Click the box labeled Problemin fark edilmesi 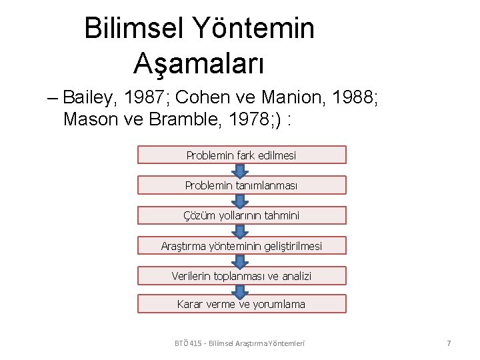pos(241,155)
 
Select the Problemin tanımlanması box pos(241,185)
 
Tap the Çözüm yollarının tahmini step pos(241,215)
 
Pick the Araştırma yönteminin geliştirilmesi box pos(241,246)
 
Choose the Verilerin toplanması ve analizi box pos(241,276)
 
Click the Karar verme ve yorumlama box pos(241,304)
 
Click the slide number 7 pos(449,343)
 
